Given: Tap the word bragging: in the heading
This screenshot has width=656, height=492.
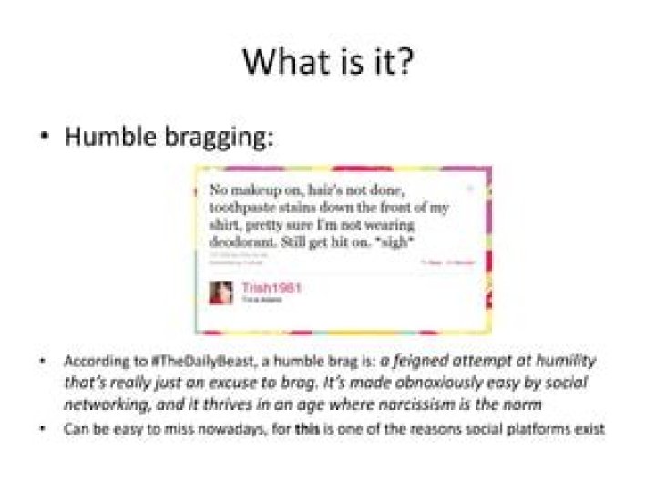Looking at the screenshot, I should tap(223, 139).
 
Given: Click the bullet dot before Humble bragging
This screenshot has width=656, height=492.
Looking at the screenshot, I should tap(44, 139).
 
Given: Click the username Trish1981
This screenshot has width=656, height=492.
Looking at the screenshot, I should tap(272, 288).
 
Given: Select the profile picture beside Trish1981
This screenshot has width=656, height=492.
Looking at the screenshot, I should tap(220, 292).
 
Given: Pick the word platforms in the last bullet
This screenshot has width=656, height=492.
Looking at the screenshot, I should tap(534, 427).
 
